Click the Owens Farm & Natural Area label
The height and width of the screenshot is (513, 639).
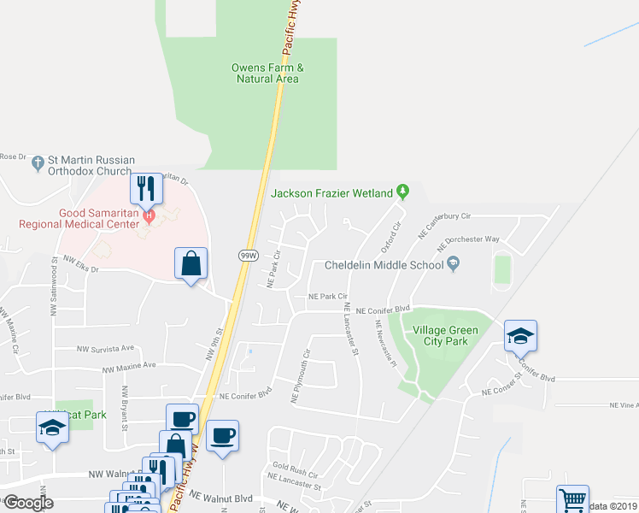tap(267, 74)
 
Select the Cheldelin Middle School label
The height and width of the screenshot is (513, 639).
tap(384, 265)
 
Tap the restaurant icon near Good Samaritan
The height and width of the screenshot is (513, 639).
tap(147, 187)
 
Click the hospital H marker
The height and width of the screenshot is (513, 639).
tap(149, 214)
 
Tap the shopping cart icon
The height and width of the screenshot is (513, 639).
tap(572, 499)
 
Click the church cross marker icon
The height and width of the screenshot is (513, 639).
tap(38, 161)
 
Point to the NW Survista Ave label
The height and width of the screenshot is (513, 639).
tap(106, 349)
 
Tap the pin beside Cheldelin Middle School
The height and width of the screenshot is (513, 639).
tap(454, 264)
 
